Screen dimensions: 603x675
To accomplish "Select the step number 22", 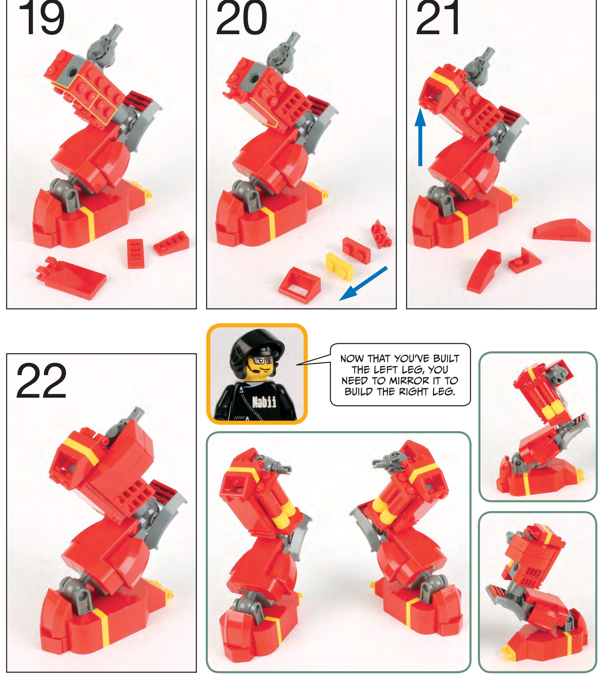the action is coord(41,381).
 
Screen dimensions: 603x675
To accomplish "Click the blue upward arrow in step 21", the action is coord(420,137).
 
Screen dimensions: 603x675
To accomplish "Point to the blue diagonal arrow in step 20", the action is coord(363,283).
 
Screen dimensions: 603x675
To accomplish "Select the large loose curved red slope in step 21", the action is coord(561,230).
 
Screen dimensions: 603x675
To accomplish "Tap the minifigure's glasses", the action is coord(263,360).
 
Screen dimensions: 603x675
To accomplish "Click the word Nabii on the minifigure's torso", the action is coord(264,402).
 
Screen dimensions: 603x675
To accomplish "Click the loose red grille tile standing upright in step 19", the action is coord(135,253).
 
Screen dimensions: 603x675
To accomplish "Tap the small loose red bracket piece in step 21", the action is coord(524,260).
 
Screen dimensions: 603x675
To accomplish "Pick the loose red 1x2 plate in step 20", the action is coord(357,250).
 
